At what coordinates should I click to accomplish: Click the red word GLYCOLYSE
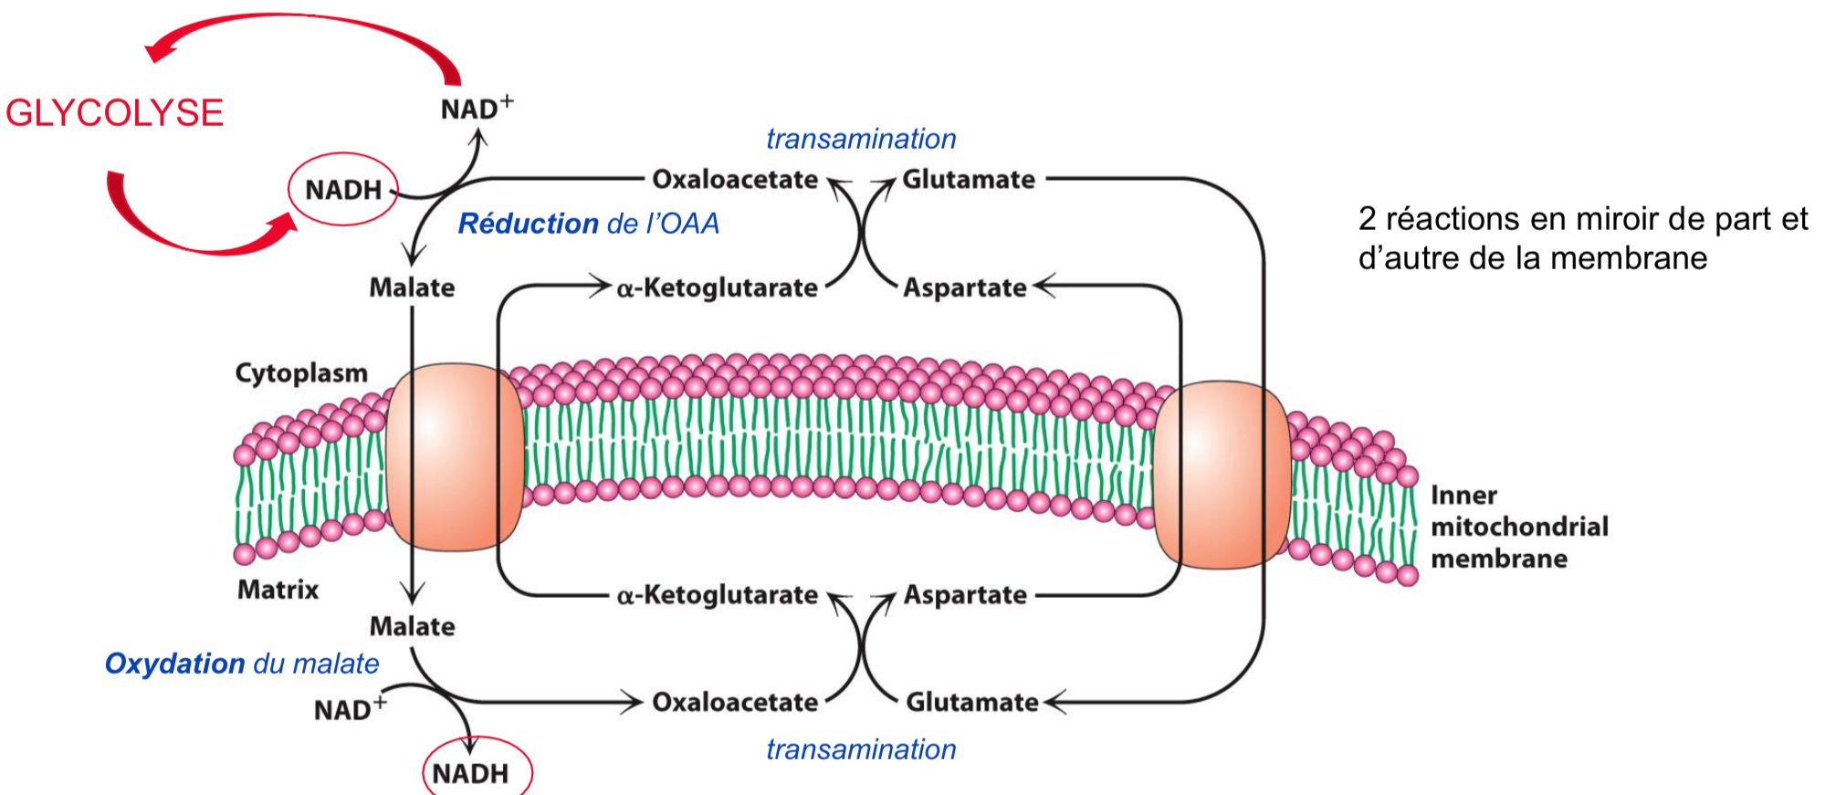(114, 113)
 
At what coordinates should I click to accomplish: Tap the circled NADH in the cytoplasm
(343, 190)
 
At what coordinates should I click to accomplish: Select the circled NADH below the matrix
(470, 773)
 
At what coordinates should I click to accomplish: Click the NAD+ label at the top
(476, 109)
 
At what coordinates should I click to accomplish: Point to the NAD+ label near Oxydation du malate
(349, 709)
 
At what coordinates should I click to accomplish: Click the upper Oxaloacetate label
(735, 179)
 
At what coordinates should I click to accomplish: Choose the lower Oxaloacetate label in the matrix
(735, 702)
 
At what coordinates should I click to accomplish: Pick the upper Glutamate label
(969, 179)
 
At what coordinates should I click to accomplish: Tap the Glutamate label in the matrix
(971, 702)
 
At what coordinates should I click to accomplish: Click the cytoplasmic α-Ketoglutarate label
(717, 288)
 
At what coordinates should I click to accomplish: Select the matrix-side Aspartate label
(965, 595)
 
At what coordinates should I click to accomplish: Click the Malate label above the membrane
(412, 288)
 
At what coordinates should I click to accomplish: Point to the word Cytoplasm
(301, 372)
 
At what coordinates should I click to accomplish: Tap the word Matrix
(278, 590)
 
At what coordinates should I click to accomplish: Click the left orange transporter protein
(454, 456)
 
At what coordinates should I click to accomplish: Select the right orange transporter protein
(1222, 475)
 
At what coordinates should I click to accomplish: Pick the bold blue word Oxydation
(174, 664)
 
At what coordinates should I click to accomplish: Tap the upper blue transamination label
(861, 139)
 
